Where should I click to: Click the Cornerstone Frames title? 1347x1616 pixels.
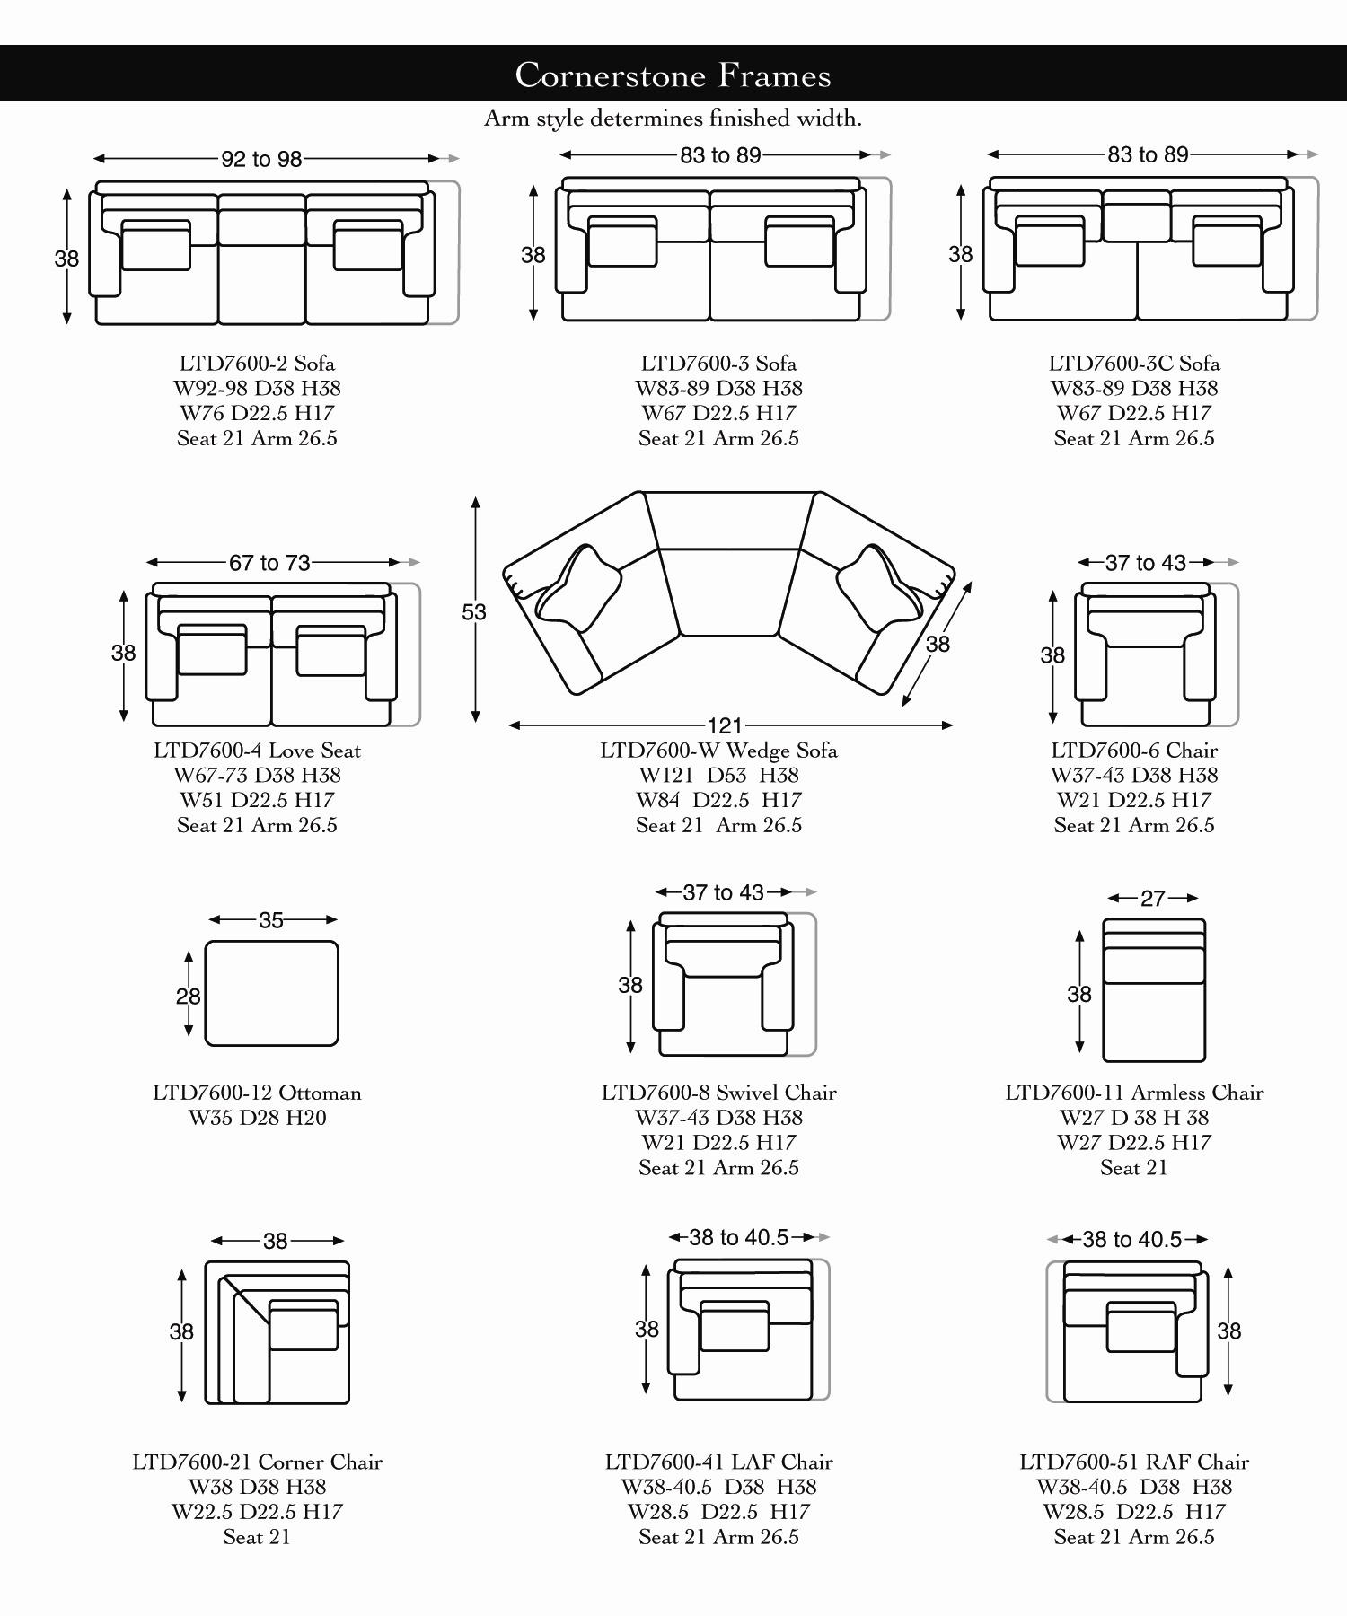(673, 75)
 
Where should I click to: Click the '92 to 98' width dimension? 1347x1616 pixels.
(261, 159)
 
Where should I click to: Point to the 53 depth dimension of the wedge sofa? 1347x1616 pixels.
(473, 612)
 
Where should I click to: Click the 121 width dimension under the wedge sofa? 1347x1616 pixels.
(725, 725)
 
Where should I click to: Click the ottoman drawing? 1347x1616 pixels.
(271, 993)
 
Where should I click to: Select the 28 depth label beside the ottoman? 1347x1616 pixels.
(188, 996)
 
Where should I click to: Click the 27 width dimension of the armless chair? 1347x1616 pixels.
(1152, 899)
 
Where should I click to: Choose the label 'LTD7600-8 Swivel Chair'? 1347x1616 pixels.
(718, 1093)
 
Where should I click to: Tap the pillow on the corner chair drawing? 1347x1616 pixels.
(304, 1324)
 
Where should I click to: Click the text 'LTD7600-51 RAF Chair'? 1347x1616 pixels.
(1133, 1462)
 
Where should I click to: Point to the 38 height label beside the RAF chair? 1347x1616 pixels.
(1228, 1331)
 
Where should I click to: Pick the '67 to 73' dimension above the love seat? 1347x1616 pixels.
(269, 563)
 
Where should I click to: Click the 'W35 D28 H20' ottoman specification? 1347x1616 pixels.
(257, 1118)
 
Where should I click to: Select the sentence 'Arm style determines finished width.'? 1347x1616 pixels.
(673, 119)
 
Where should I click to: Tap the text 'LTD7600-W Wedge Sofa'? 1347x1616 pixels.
(718, 751)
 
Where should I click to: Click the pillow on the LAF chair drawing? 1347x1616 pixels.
(735, 1325)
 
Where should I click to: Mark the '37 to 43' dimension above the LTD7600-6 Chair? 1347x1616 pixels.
(1145, 563)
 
